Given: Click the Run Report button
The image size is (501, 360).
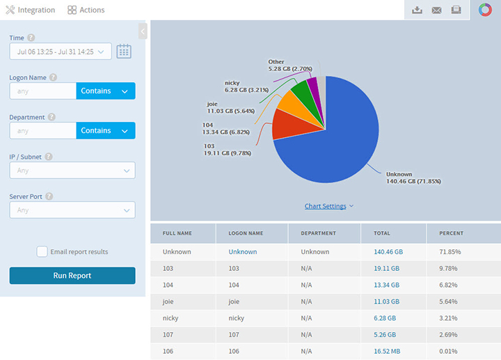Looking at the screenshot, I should point(72,276).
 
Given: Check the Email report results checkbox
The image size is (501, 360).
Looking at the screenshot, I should point(42,251).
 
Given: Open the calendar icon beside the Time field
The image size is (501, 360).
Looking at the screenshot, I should point(124,51).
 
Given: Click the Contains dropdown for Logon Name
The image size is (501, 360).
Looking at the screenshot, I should point(105,91).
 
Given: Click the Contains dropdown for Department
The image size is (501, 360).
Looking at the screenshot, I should point(105,131).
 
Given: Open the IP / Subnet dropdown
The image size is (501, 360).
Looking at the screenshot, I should point(72,171).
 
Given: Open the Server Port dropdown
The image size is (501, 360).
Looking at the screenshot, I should point(72,210).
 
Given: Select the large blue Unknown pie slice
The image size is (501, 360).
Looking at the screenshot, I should point(341,139).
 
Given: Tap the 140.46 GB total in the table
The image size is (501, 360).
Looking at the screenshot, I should point(387,252).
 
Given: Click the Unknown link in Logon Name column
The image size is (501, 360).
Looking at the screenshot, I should point(242,252).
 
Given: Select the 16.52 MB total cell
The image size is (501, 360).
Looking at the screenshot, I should point(386,352).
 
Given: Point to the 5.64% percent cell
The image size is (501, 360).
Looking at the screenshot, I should point(449,302).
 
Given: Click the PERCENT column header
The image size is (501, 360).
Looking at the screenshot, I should point(451,233).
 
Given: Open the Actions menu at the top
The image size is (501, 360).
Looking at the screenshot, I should point(86,10).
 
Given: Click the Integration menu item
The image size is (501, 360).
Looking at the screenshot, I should point(31,10).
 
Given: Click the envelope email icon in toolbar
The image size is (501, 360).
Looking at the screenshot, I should point(436,10).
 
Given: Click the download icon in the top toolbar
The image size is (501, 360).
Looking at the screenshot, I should point(417,10).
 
